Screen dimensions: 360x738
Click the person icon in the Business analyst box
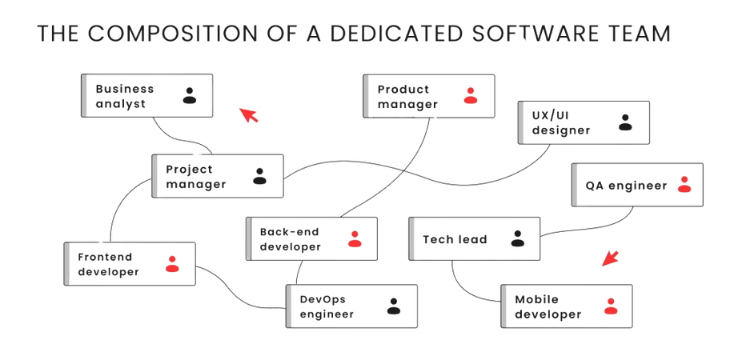pos(189,96)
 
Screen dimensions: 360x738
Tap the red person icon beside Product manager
pos(470,96)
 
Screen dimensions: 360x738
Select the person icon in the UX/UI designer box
pos(624,122)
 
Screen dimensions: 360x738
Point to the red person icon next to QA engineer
pos(683,185)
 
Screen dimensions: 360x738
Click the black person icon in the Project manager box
pos(259,175)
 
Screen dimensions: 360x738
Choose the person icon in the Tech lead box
pos(517,238)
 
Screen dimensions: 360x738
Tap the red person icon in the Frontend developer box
pos(171,263)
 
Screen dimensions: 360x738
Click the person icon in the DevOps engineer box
pos(393,305)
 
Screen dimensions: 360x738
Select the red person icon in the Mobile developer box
pos(610,305)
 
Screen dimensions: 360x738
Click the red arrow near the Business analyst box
pos(250,115)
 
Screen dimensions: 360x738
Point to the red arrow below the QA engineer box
pos(611,257)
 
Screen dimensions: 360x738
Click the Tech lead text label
pos(454,239)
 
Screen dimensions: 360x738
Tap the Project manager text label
pos(195,176)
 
